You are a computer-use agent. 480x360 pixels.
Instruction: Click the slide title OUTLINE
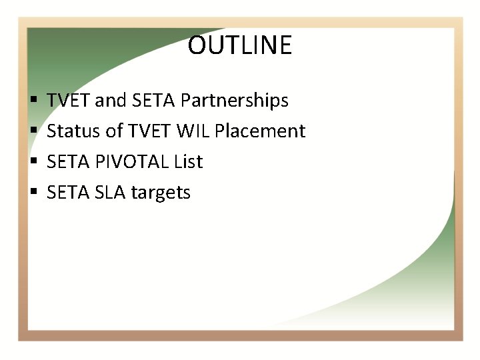click(x=240, y=45)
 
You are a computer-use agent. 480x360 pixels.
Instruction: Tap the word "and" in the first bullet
click(x=111, y=101)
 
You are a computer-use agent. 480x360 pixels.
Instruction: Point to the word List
click(x=189, y=162)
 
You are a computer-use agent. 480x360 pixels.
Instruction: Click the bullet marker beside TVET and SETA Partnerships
click(x=33, y=101)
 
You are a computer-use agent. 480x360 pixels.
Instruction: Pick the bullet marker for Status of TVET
click(x=33, y=132)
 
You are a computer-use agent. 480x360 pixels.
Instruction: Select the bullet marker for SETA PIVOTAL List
click(x=33, y=163)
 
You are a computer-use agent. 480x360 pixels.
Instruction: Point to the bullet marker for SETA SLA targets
click(x=33, y=193)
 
